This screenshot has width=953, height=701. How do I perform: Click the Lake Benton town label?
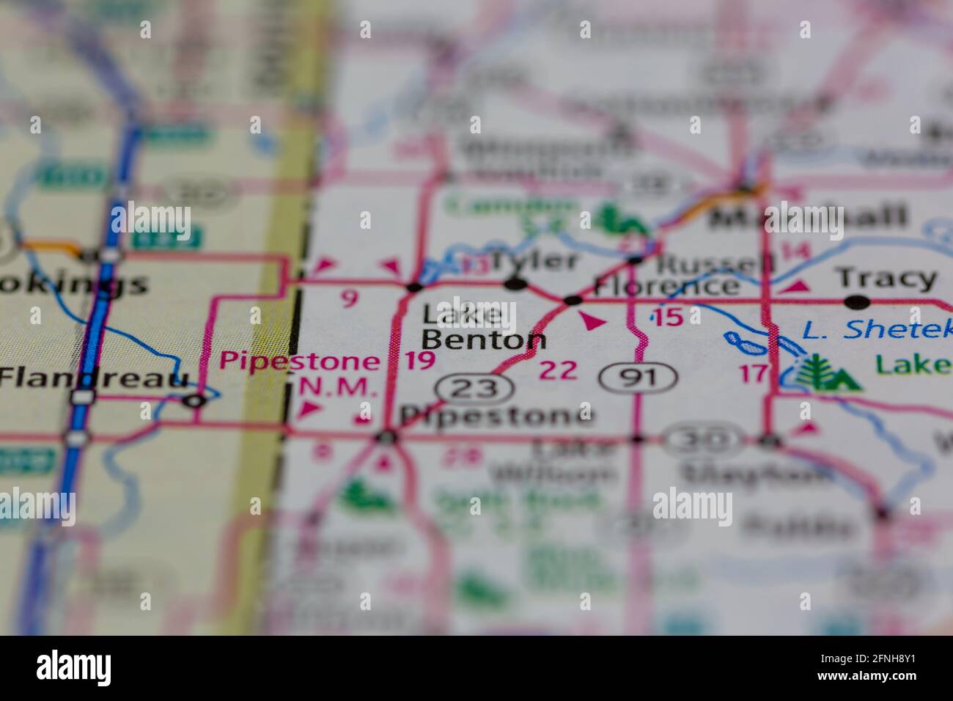click(484, 328)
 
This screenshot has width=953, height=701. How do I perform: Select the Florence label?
click(666, 285)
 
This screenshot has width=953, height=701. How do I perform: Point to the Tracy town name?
click(886, 279)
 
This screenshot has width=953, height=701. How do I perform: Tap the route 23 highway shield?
click(471, 388)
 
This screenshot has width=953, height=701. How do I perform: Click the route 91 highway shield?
click(638, 378)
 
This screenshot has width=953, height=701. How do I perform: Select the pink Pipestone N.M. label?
click(301, 374)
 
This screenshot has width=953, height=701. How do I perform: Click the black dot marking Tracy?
click(856, 301)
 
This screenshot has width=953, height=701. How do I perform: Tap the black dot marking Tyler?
click(517, 283)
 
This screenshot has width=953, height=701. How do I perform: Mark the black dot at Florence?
click(573, 299)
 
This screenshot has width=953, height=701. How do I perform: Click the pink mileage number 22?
click(558, 370)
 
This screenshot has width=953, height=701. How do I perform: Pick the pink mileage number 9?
click(350, 298)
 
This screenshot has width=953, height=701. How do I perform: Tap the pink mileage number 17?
click(753, 373)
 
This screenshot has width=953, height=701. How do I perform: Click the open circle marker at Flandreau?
click(194, 400)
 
